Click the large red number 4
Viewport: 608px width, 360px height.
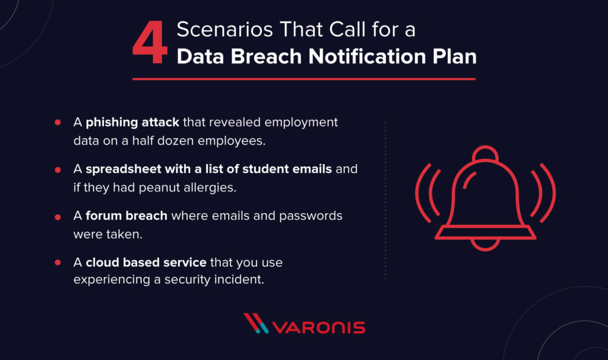tap(150, 46)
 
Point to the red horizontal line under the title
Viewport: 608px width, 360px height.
tap(303, 78)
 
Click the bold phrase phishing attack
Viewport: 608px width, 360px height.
tap(132, 122)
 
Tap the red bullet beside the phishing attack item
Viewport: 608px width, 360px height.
tap(58, 122)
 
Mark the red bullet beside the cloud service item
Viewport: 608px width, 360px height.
tap(58, 262)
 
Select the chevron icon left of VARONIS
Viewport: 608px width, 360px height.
tap(256, 324)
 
